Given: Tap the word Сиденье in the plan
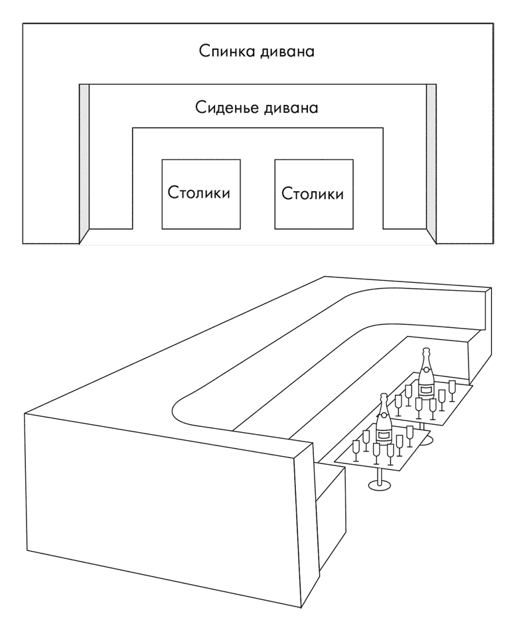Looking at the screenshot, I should (x=224, y=106).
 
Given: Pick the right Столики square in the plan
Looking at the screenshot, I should (x=313, y=194).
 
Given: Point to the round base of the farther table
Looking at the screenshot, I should (x=425, y=441).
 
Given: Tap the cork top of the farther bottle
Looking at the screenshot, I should (x=425, y=352).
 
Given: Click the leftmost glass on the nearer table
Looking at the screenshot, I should (x=356, y=449).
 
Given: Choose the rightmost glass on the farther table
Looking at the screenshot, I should (x=453, y=387).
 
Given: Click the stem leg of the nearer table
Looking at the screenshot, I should (x=380, y=477).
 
